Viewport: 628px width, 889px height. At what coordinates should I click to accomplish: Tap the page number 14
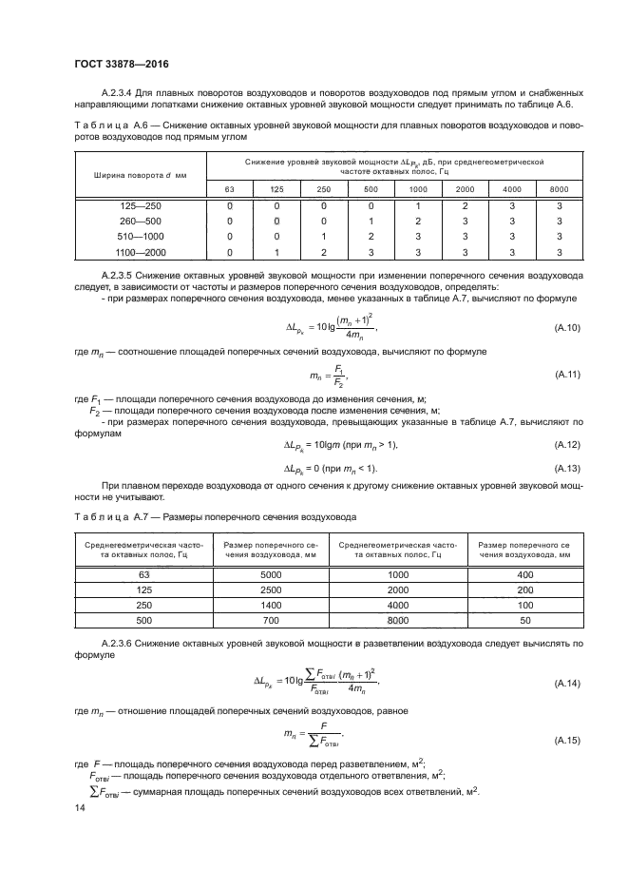click(x=79, y=806)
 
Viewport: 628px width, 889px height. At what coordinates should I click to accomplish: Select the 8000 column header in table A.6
click(x=560, y=189)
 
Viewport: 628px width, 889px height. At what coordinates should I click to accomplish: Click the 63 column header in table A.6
click(x=229, y=189)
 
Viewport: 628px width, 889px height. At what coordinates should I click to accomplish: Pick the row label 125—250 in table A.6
click(x=141, y=205)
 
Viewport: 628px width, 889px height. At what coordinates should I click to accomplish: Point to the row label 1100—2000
click(x=141, y=251)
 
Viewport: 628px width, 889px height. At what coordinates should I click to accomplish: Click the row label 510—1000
click(x=141, y=236)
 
